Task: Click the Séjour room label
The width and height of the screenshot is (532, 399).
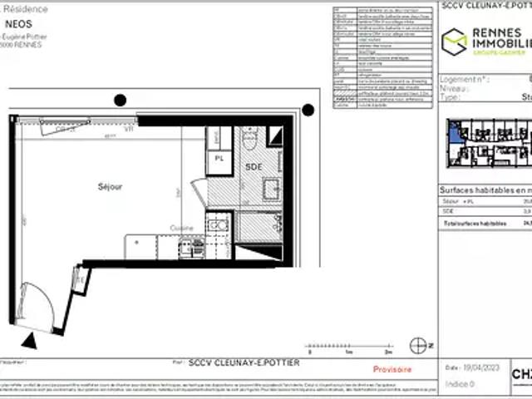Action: tap(110, 187)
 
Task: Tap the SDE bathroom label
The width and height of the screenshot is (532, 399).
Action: tap(253, 167)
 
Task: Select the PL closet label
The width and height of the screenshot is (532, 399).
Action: tap(219, 158)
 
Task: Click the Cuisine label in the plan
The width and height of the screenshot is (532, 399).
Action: tap(182, 228)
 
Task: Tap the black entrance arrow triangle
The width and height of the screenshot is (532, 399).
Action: tap(31, 339)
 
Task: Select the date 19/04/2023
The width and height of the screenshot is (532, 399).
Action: tap(483, 367)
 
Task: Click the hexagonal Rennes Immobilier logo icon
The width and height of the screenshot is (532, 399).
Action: tap(453, 42)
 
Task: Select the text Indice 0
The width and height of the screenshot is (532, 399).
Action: tap(460, 384)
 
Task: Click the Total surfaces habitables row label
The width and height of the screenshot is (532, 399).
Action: tap(474, 224)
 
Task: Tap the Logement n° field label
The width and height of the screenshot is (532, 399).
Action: tap(466, 79)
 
